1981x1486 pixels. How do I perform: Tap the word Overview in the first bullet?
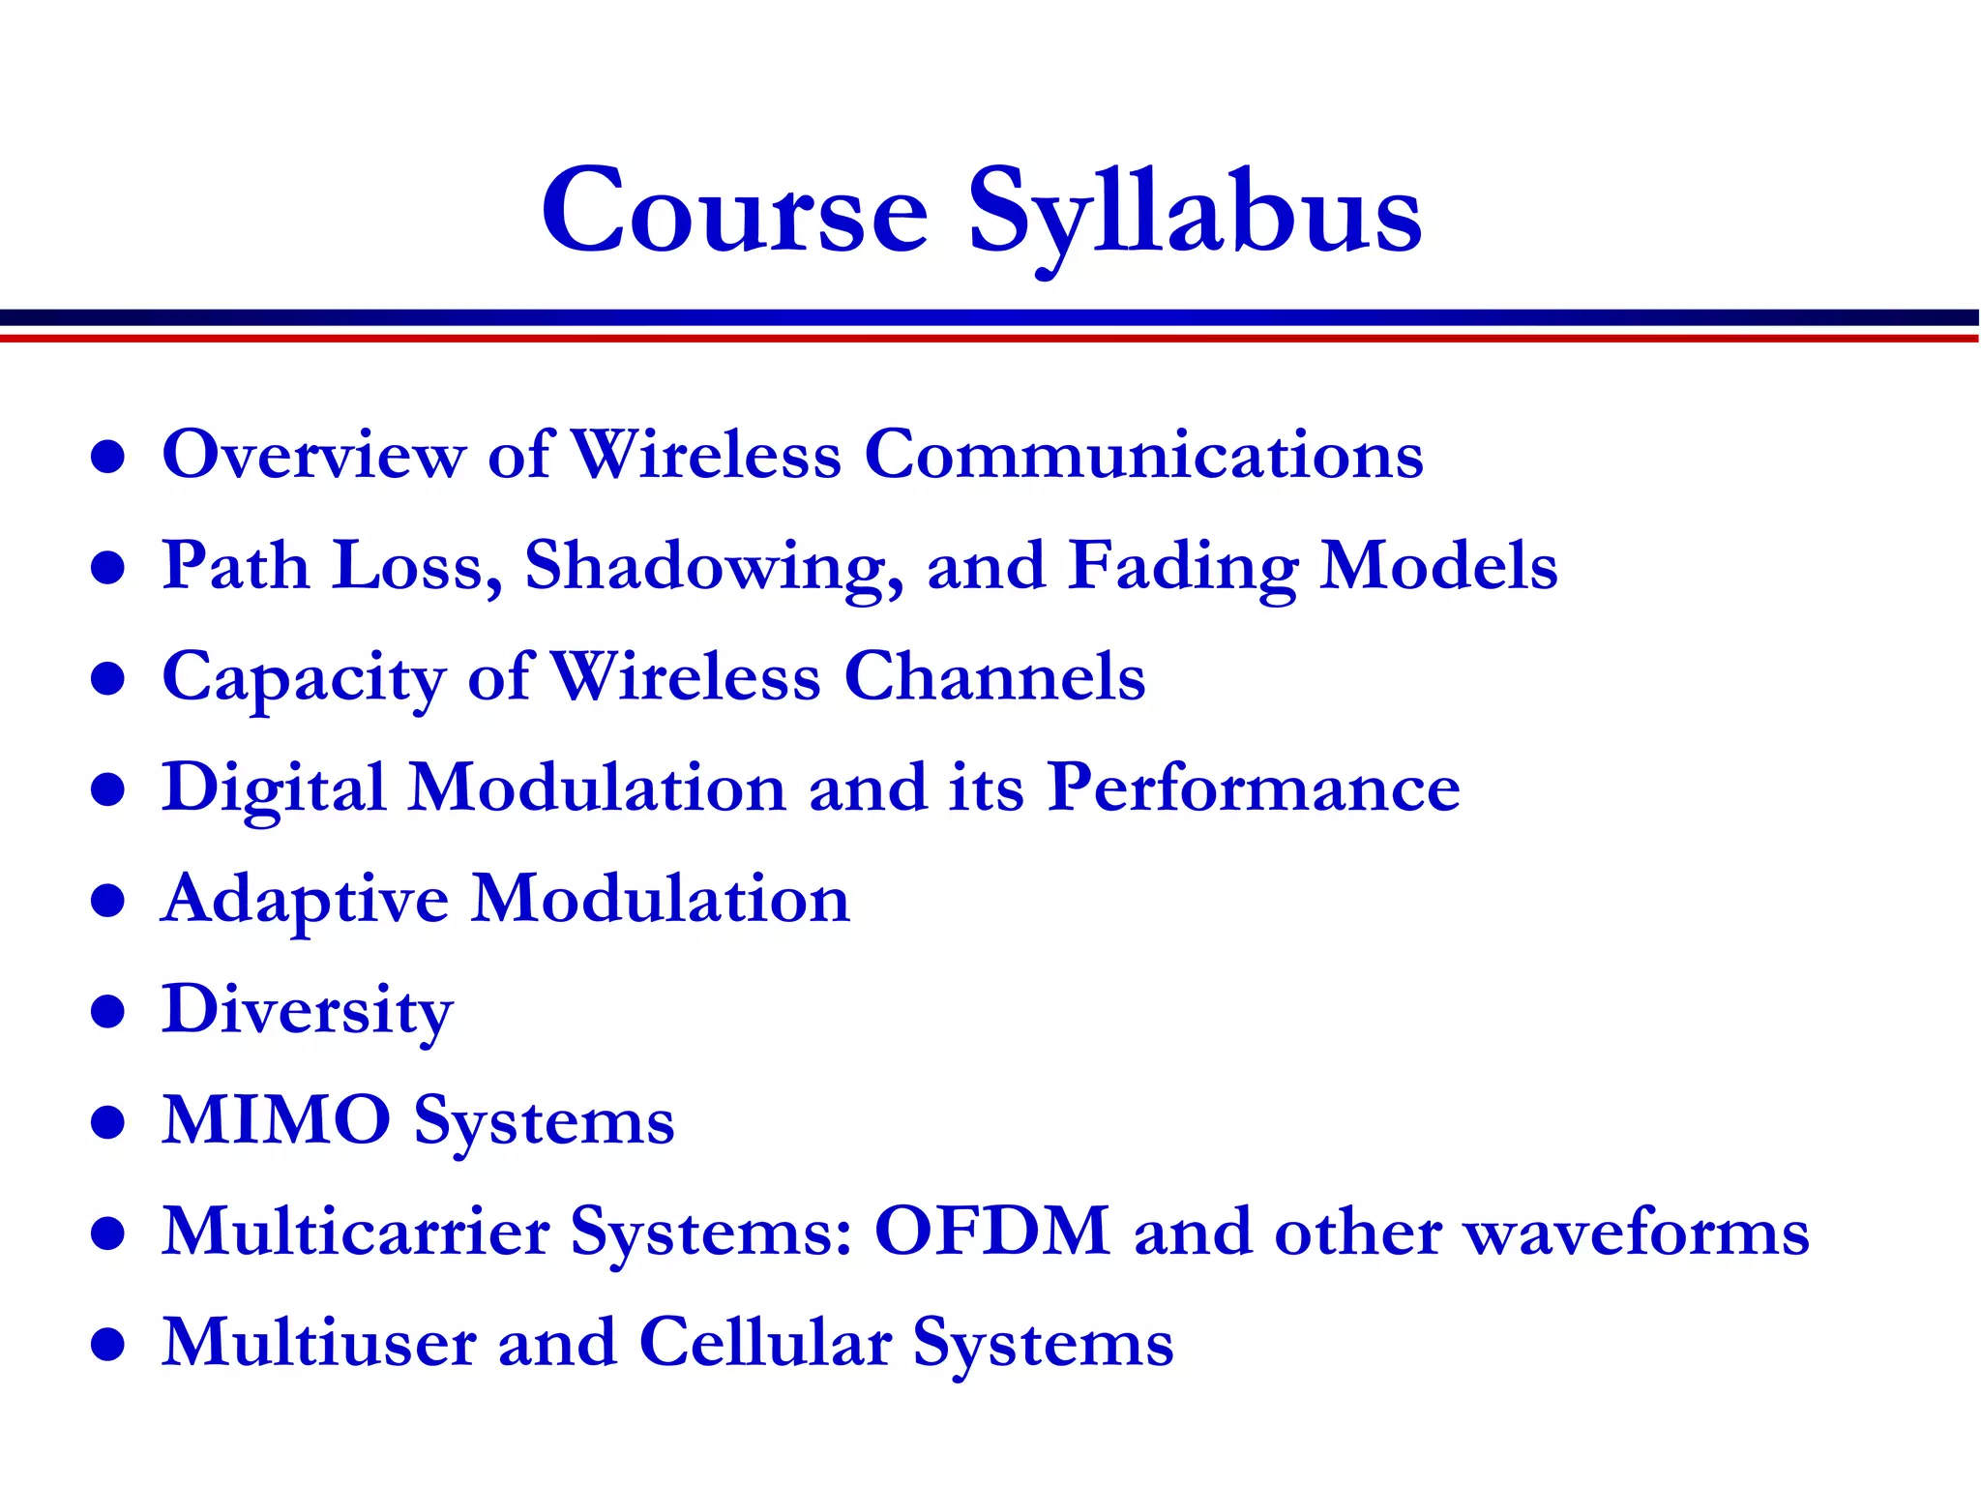click(x=313, y=454)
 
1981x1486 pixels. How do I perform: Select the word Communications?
click(x=1143, y=454)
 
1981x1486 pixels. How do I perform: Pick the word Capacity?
click(x=303, y=677)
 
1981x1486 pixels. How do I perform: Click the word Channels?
click(x=994, y=676)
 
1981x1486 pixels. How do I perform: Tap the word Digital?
click(x=274, y=788)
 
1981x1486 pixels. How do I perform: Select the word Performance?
click(x=1254, y=788)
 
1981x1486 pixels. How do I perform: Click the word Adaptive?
click(x=305, y=900)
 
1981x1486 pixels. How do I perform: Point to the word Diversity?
click(x=307, y=1011)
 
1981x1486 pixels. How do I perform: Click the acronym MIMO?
click(x=277, y=1121)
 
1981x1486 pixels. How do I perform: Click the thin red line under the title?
click(x=990, y=338)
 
